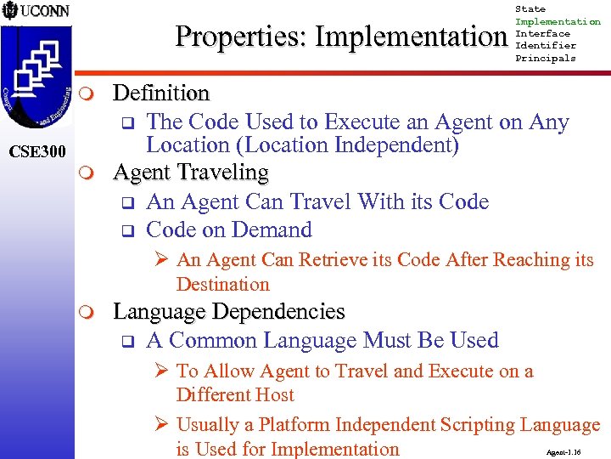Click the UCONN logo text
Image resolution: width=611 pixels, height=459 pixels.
[x=45, y=12]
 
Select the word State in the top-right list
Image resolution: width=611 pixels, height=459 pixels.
[x=530, y=9]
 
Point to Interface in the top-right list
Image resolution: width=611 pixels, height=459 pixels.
[x=544, y=34]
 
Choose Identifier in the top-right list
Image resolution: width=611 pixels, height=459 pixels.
[x=546, y=46]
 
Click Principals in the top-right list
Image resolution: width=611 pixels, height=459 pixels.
[x=546, y=59]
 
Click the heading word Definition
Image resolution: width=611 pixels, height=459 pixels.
[x=161, y=93]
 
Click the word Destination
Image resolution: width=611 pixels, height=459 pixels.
[x=222, y=284]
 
